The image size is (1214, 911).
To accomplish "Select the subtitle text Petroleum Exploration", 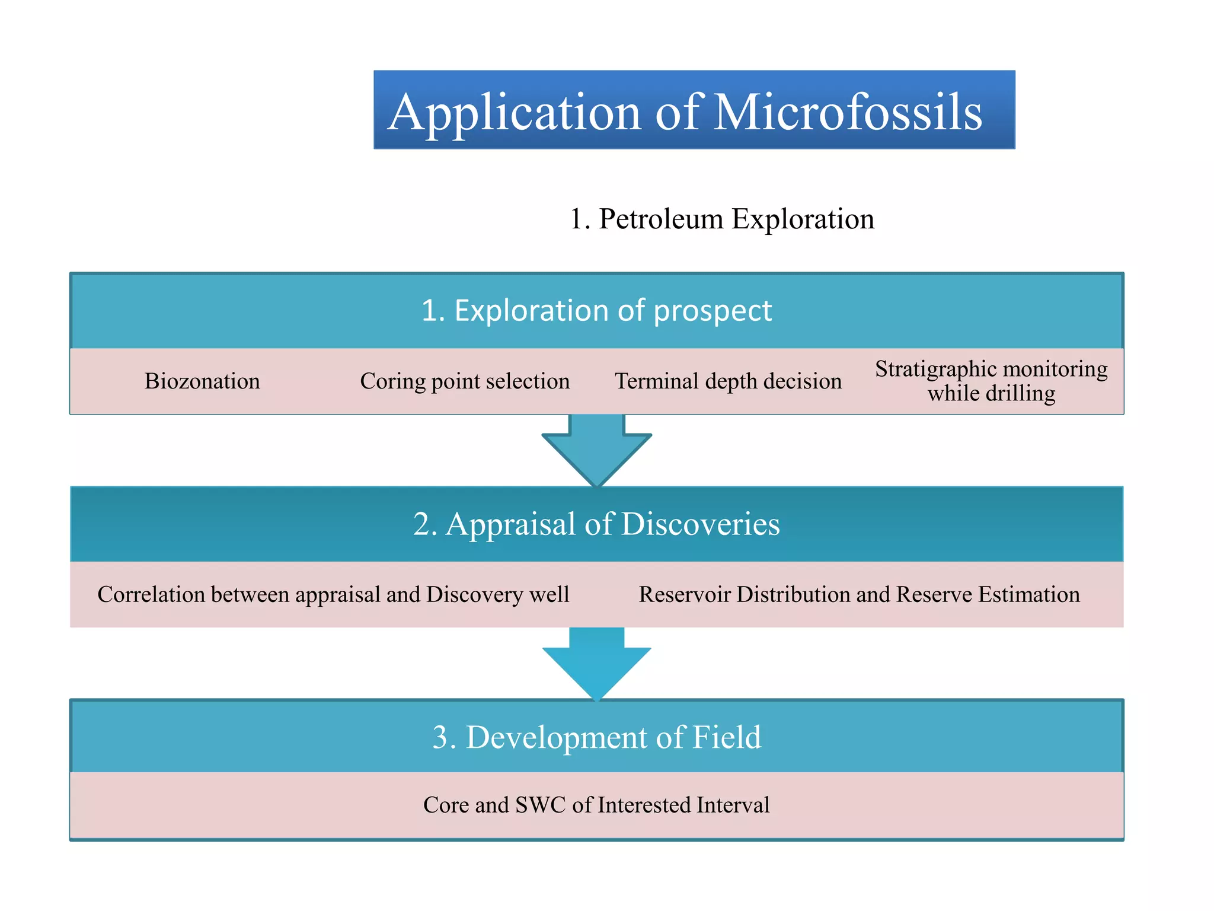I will pyautogui.click(x=722, y=219).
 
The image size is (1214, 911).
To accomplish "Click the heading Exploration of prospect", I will pyautogui.click(x=596, y=311).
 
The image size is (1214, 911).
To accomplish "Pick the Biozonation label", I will pyautogui.click(x=202, y=381).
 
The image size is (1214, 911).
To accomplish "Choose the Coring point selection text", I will pyautogui.click(x=465, y=381).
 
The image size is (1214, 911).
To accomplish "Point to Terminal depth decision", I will pyautogui.click(x=728, y=381).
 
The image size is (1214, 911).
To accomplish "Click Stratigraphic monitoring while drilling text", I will pyautogui.click(x=991, y=381).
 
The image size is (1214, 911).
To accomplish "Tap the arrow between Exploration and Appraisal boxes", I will pyautogui.click(x=596, y=451).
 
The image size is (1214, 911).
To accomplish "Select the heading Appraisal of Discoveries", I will pyautogui.click(x=596, y=524).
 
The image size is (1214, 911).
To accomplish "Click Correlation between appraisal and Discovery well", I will pyautogui.click(x=333, y=594).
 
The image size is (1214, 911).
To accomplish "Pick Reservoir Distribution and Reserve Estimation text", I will pyautogui.click(x=859, y=594).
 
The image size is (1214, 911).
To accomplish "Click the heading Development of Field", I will pyautogui.click(x=596, y=737).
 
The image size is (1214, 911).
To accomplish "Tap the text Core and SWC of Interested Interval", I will pyautogui.click(x=596, y=805).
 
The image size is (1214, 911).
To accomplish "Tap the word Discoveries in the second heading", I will pyautogui.click(x=700, y=524).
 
